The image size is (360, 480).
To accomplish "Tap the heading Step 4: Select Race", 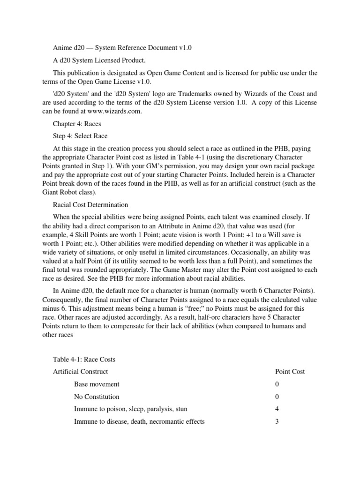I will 80,136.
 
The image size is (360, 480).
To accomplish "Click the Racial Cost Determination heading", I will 90,205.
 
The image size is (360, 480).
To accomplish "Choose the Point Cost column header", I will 290,371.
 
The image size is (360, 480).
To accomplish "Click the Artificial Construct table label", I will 80,371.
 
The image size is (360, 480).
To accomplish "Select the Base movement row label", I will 97,384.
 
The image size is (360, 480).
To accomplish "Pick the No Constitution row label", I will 97,397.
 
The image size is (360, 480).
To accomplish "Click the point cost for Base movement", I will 277,384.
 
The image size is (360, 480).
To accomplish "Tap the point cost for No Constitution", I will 277,397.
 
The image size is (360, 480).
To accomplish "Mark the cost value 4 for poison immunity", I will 277,409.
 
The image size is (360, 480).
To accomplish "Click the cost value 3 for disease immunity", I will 277,421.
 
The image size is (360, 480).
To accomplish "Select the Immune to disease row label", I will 139,421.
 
